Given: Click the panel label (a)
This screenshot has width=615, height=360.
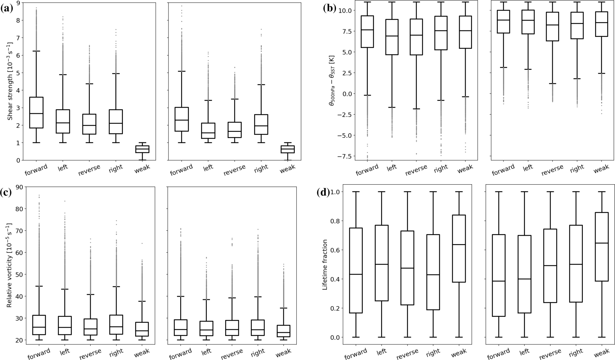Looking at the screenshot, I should click(7, 9).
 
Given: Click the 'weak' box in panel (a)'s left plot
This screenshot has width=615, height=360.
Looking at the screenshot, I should click(142, 149).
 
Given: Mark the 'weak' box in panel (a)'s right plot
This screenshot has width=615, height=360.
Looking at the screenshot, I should click(287, 149).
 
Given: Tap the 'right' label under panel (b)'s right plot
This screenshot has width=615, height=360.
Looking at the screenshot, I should click(576, 169).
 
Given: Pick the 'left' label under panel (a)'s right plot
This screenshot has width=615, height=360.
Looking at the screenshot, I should click(209, 167).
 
